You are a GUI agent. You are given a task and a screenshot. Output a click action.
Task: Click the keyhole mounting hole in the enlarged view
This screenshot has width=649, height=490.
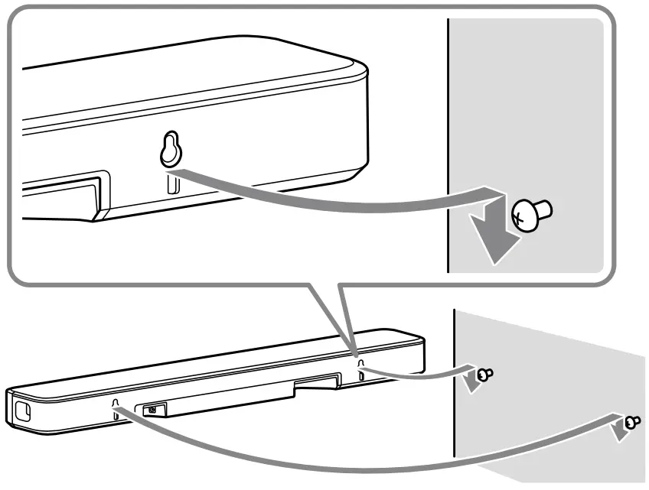(169, 150)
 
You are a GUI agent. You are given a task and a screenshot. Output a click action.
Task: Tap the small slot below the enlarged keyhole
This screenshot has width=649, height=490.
(171, 183)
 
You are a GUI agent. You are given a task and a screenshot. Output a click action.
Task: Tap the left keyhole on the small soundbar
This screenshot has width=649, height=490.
(116, 404)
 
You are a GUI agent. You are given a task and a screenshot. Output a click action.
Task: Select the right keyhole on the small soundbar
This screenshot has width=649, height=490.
(360, 361)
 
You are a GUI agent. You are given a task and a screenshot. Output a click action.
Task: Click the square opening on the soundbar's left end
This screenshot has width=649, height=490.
(21, 409)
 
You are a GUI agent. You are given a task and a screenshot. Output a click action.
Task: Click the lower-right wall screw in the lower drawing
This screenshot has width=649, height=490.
(631, 421)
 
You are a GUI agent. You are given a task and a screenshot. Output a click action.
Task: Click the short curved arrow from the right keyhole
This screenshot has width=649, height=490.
(413, 374)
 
